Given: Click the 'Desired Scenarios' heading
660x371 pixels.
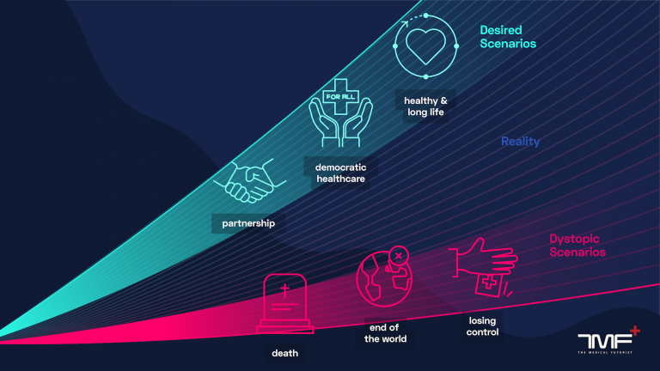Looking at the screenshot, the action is [508, 37].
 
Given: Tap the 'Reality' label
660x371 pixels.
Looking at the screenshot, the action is [520, 142].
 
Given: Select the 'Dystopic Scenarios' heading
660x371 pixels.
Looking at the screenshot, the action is [577, 246].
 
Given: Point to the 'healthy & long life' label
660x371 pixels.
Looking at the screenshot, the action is [425, 106].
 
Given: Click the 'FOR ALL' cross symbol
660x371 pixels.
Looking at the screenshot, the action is [340, 97].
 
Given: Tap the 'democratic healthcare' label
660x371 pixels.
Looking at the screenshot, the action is [340, 173].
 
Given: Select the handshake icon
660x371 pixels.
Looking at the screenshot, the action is [250, 181].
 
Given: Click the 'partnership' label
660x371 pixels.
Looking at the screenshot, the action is [248, 223].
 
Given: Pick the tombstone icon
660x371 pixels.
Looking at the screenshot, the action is [285, 303].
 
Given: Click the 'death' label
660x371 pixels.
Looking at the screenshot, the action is [285, 353].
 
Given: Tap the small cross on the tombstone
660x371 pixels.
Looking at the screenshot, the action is [285, 289].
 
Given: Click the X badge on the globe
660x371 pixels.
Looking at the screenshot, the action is [399, 255].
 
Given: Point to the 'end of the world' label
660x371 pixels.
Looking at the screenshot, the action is [385, 333].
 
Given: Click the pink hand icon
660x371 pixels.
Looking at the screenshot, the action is [484, 258].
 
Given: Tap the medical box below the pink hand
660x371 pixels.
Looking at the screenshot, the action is [489, 284].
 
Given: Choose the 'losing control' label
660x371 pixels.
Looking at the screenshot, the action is [482, 326].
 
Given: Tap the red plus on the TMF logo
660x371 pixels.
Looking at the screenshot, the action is [635, 331].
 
